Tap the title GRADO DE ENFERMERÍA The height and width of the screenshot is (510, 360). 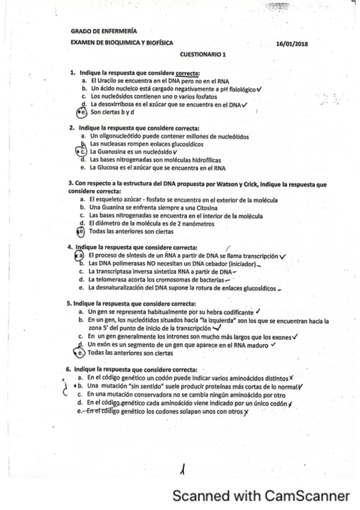tap(103, 31)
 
